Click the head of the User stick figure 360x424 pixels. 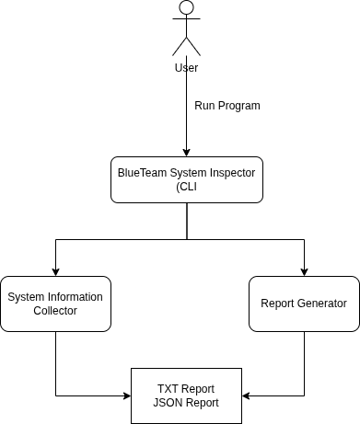point(186,7)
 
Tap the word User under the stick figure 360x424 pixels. point(186,67)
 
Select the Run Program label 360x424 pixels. point(227,106)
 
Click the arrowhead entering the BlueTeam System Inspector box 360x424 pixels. point(186,153)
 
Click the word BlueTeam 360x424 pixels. point(142,173)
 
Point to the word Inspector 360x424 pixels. point(232,173)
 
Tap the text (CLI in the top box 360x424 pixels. point(186,187)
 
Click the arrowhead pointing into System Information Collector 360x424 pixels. point(55,272)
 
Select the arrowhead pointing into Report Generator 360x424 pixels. point(304,272)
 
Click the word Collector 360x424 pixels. point(55,311)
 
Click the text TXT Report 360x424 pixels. point(186,389)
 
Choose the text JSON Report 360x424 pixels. point(186,403)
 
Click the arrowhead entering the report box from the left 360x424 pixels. point(127,395)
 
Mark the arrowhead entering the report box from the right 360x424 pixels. point(246,395)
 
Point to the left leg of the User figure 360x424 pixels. point(180,47)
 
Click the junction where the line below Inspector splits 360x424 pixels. point(187,239)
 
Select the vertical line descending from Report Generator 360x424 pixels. point(304,363)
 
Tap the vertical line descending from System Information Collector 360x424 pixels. point(55,363)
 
